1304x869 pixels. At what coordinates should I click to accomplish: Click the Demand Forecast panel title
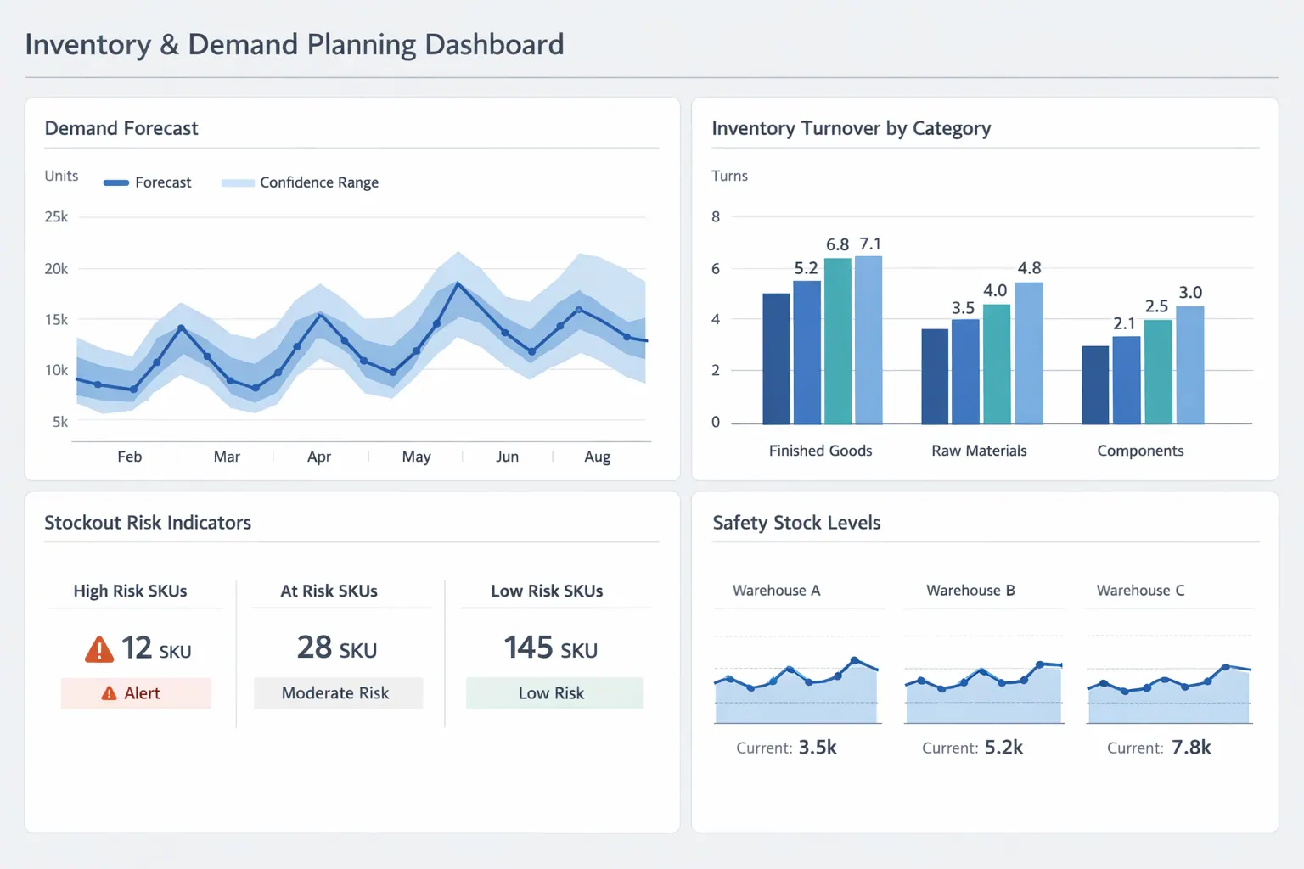tap(121, 128)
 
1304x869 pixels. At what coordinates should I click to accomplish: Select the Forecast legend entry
tap(148, 182)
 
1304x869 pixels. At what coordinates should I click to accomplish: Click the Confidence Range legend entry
tap(301, 182)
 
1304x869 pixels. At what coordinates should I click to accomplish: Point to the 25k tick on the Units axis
tap(56, 217)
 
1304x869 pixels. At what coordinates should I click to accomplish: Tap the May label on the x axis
tap(416, 457)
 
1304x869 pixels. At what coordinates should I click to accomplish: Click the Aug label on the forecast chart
tap(597, 457)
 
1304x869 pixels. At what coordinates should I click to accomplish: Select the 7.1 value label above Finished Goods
tap(870, 244)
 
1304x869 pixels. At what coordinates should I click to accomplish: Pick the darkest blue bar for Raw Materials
tap(935, 377)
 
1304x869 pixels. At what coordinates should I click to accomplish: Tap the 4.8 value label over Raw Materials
tap(1029, 268)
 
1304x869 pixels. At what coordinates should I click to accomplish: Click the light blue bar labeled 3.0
tap(1190, 365)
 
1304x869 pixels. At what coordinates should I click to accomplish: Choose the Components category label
tap(1140, 451)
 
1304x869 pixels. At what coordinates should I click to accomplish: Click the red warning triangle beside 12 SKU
tap(99, 650)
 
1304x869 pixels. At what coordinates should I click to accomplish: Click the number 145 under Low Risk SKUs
tap(528, 648)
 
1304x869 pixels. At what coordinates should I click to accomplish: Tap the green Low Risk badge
tap(553, 693)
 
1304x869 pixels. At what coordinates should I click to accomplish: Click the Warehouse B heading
tap(970, 591)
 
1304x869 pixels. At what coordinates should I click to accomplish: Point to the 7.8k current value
tap(1191, 748)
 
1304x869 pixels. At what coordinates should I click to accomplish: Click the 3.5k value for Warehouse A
tap(818, 748)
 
